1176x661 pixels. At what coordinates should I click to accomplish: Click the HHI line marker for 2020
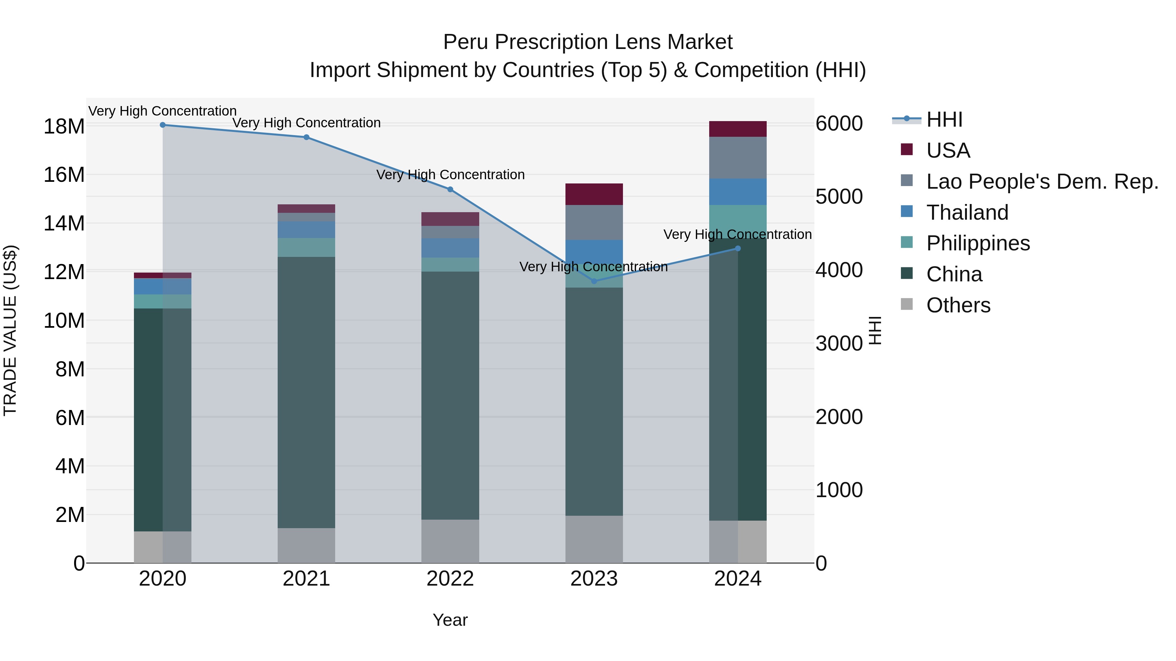coord(163,125)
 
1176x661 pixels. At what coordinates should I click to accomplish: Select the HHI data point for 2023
coord(594,281)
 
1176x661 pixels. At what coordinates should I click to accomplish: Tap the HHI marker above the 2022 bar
coord(450,189)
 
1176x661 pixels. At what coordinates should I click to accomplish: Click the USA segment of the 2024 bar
coord(738,129)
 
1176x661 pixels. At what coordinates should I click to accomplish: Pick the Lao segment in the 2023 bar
coord(594,223)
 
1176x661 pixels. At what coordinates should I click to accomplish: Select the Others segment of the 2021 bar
coord(306,545)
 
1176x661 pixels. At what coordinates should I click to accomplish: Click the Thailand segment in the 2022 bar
coord(450,248)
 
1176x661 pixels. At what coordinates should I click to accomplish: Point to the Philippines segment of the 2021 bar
coord(306,247)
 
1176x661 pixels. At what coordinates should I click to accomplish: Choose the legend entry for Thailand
coord(967,212)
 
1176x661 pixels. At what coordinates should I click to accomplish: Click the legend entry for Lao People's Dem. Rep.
coord(1042,181)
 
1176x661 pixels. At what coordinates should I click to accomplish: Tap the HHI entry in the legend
coord(944,119)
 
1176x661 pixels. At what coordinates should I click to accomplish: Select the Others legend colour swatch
coord(906,304)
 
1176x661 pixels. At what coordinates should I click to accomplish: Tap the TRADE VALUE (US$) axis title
coord(10,330)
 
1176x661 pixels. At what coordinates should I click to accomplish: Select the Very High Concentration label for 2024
coord(737,234)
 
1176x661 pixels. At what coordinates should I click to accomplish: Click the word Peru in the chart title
coord(465,42)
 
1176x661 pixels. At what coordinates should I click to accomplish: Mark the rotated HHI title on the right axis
coord(875,330)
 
